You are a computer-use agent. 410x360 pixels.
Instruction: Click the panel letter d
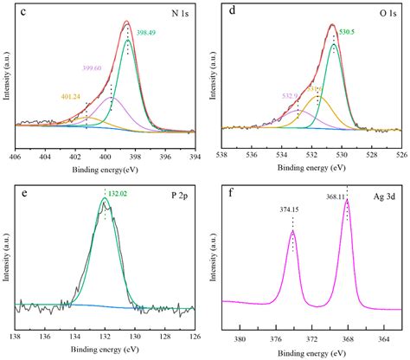(232, 12)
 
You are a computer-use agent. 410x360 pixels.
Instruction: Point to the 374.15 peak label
(293, 209)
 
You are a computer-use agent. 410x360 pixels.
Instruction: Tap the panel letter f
(232, 190)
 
